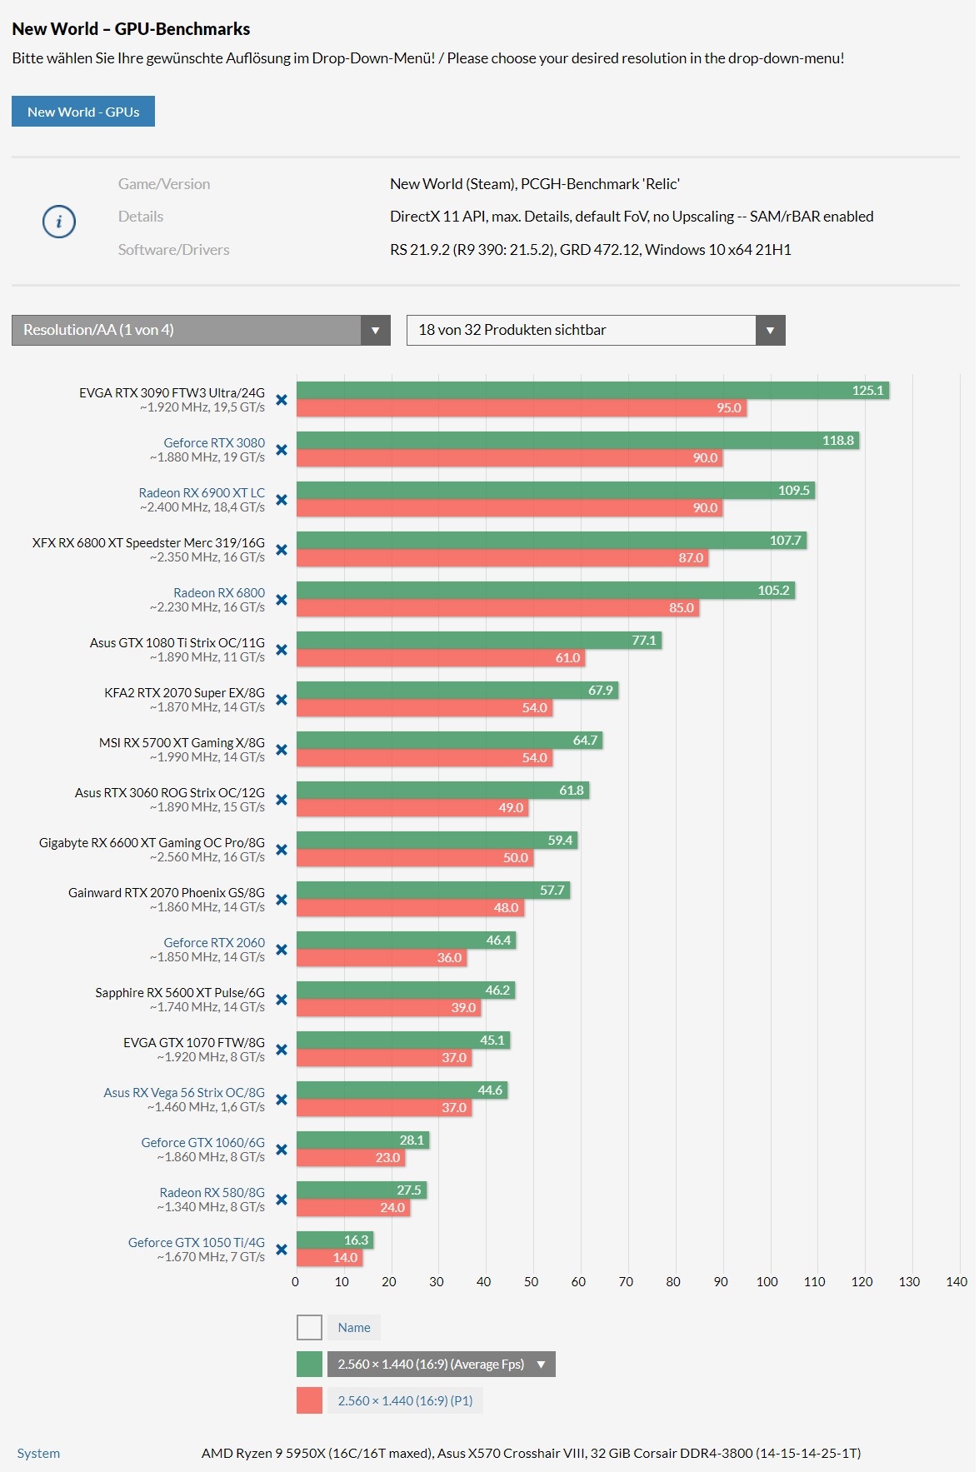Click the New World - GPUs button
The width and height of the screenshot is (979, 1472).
tap(83, 112)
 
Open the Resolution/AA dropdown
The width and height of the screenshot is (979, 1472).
tap(201, 330)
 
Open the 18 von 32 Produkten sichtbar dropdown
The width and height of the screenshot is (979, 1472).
tap(595, 330)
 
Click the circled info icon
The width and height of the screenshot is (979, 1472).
tap(59, 222)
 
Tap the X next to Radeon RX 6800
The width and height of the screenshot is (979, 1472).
tap(282, 600)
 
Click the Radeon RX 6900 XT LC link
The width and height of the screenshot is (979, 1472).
tap(202, 492)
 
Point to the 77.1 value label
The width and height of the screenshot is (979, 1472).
tap(644, 641)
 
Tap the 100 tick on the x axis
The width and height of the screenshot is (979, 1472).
tap(767, 1282)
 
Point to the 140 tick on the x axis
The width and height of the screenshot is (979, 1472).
tap(957, 1282)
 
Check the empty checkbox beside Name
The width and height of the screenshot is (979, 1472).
tap(309, 1327)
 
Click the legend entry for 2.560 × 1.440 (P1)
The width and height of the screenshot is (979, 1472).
tap(405, 1400)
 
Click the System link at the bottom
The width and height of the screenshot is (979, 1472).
tap(38, 1453)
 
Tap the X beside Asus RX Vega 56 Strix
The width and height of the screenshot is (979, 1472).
tap(282, 1100)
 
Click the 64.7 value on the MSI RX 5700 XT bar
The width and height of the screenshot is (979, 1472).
tap(585, 741)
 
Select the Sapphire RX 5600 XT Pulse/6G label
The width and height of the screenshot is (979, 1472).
tap(180, 992)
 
